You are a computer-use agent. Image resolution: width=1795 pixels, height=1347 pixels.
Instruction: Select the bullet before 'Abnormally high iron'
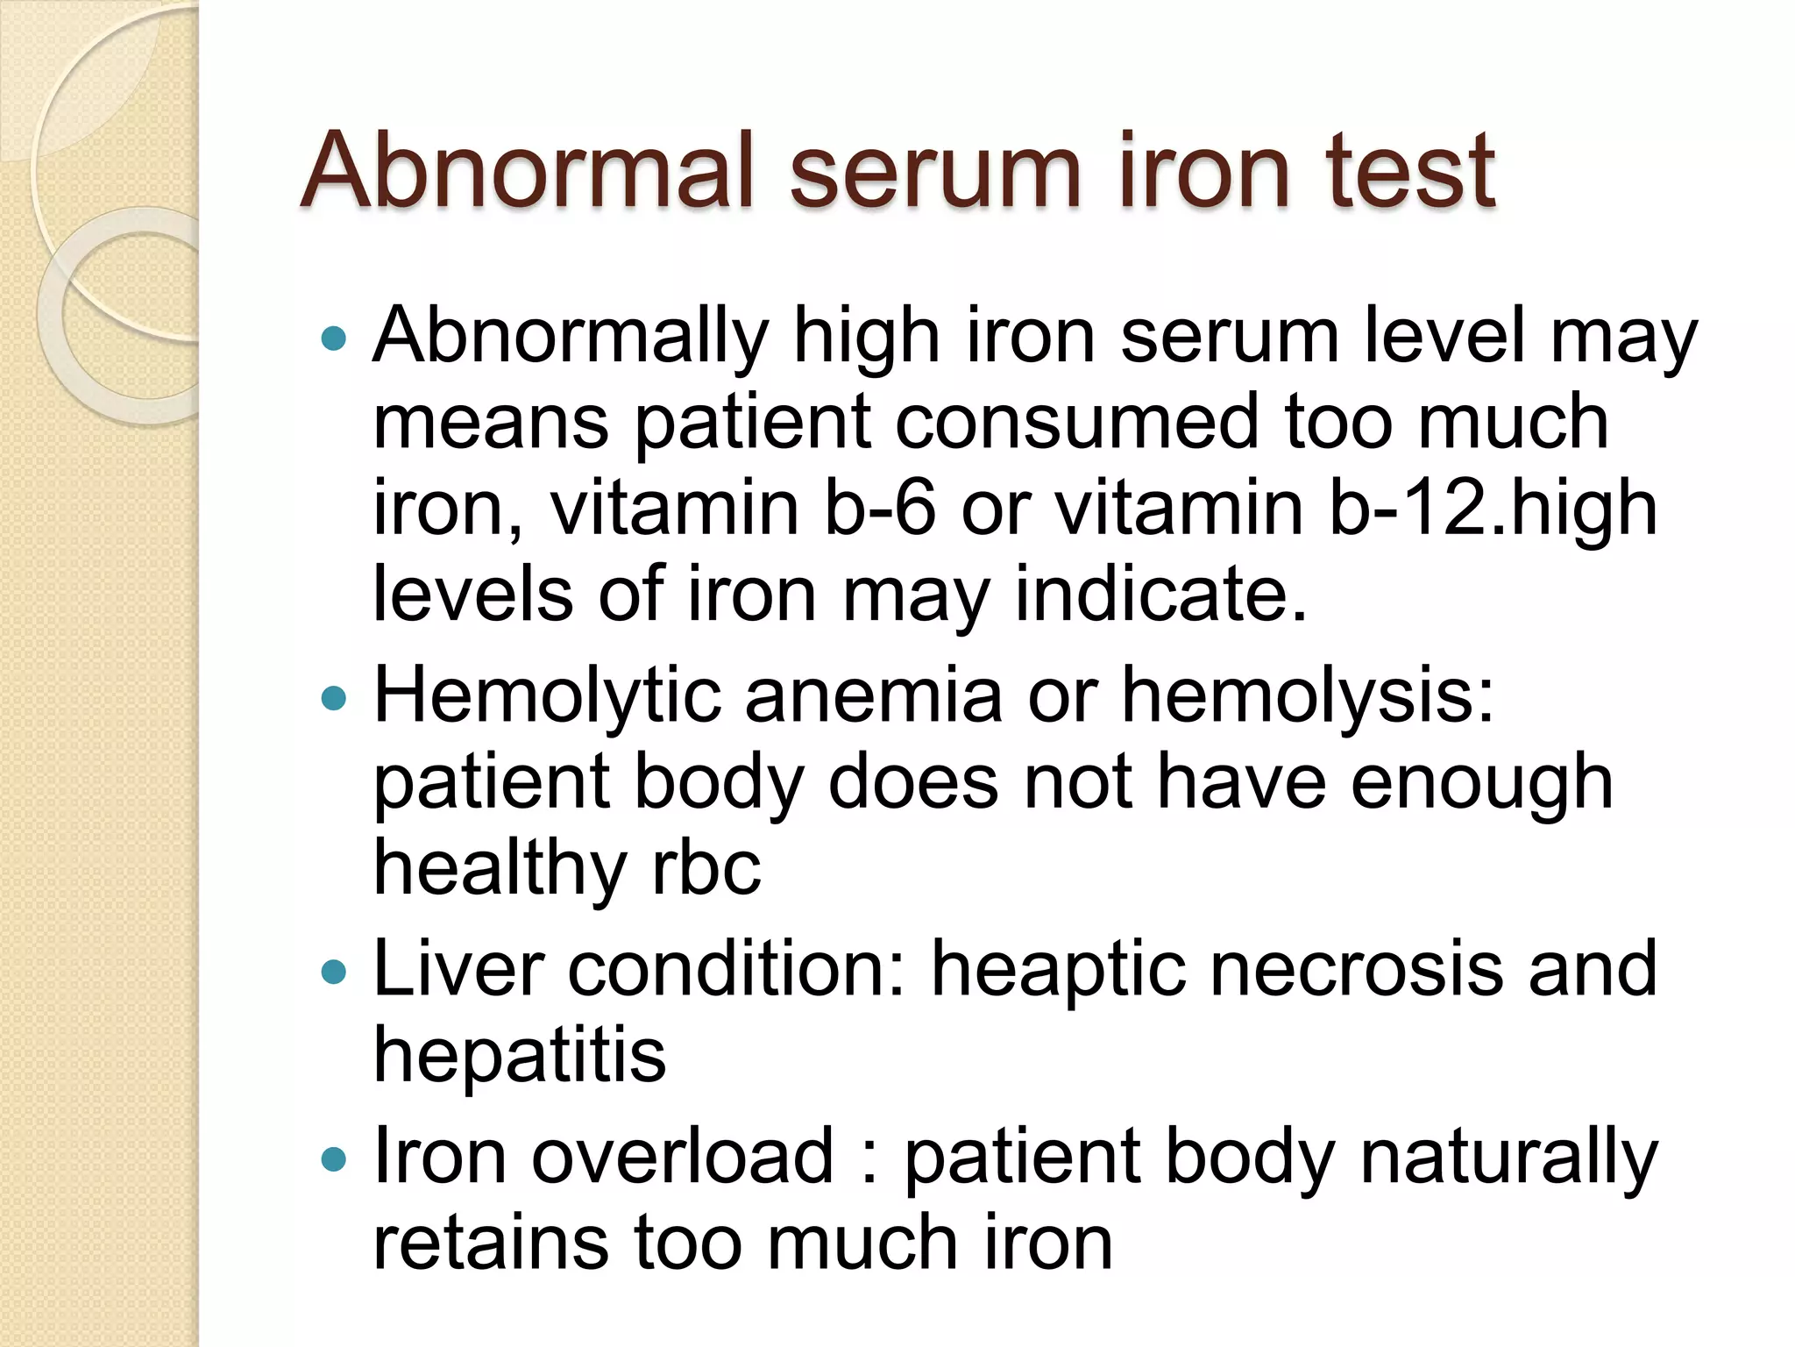334,338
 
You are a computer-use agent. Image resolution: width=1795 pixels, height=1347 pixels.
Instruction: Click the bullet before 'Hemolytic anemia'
334,698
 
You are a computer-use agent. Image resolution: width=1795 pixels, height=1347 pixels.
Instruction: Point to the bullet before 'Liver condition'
334,972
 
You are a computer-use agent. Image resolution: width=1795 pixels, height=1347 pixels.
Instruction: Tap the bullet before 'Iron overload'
334,1159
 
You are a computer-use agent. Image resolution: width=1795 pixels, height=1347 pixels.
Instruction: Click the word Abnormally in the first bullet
571,338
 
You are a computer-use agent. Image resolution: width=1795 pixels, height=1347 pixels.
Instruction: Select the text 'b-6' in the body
880,509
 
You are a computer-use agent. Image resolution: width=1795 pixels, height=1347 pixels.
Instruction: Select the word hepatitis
520,1056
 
